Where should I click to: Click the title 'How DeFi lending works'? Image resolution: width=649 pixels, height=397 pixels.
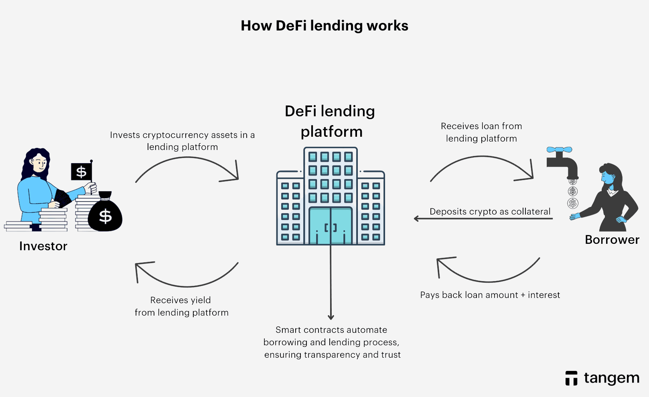pos(324,26)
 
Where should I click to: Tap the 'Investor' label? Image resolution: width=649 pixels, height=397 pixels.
pos(43,246)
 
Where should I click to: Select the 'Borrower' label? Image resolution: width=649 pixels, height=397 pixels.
pos(612,239)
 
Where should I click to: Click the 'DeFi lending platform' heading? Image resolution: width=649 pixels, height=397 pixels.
pos(330,121)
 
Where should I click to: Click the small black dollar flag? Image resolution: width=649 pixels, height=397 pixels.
pos(81,172)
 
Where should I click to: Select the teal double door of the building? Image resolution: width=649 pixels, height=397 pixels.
pos(331,225)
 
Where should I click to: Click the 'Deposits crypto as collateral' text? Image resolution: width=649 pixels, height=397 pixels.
pos(490,211)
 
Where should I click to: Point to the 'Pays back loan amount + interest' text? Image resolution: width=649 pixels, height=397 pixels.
pos(490,295)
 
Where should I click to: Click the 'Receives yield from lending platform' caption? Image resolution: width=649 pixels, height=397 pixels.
pos(181,306)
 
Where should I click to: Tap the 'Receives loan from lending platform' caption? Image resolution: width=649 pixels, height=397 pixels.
pos(481,132)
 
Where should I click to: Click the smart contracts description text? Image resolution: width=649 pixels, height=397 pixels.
pos(332,342)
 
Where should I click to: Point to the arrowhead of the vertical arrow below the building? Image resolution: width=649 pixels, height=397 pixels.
pos(331,317)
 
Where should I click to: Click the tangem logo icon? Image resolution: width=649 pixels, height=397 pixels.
pos(571,378)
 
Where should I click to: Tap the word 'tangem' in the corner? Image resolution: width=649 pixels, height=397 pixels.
pos(611,378)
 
